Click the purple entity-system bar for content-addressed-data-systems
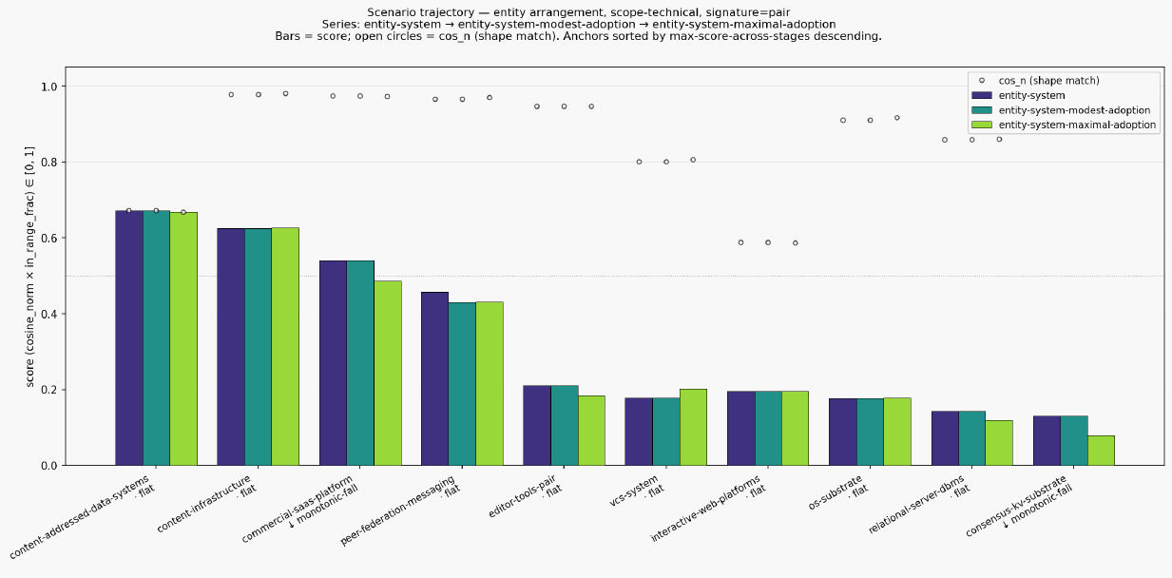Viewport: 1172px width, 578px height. (x=129, y=337)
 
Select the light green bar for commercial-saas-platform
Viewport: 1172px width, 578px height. (x=388, y=373)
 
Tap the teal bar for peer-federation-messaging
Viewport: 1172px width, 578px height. (x=462, y=384)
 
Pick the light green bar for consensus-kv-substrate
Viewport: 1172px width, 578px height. (x=1101, y=451)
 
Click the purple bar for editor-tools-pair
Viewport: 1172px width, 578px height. (x=537, y=425)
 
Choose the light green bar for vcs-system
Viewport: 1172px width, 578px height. (x=693, y=428)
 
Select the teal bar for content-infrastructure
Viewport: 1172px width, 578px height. (x=259, y=347)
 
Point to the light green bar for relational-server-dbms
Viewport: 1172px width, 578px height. (x=999, y=443)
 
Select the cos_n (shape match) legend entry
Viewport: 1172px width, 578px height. (x=1041, y=81)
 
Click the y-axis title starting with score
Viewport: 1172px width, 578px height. (x=29, y=267)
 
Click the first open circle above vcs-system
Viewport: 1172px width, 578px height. (x=639, y=163)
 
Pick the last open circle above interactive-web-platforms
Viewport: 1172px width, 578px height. (x=796, y=242)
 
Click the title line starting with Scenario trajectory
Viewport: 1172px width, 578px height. (x=578, y=12)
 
